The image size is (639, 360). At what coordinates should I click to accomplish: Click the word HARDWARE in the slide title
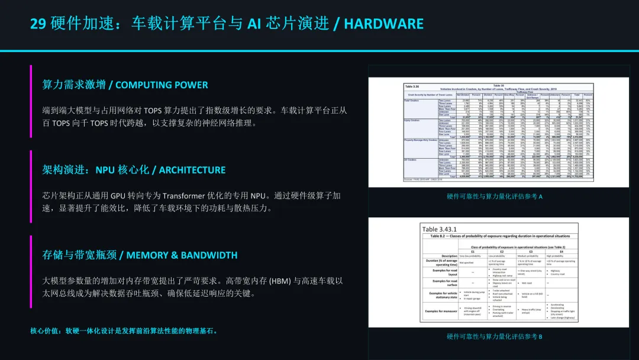point(384,24)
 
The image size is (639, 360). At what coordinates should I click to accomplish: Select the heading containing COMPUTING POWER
point(125,85)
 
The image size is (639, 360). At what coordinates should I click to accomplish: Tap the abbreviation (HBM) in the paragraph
point(280,281)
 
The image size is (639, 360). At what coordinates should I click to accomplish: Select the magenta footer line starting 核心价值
point(124,330)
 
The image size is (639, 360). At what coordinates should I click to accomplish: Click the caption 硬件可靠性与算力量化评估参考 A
point(495,197)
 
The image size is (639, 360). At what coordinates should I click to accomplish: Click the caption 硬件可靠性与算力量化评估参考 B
point(495,336)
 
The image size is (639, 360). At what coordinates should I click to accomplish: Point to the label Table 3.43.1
point(439,229)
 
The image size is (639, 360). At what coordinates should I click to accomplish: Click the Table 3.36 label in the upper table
point(412,85)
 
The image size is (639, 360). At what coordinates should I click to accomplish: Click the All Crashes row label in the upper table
point(412,159)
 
